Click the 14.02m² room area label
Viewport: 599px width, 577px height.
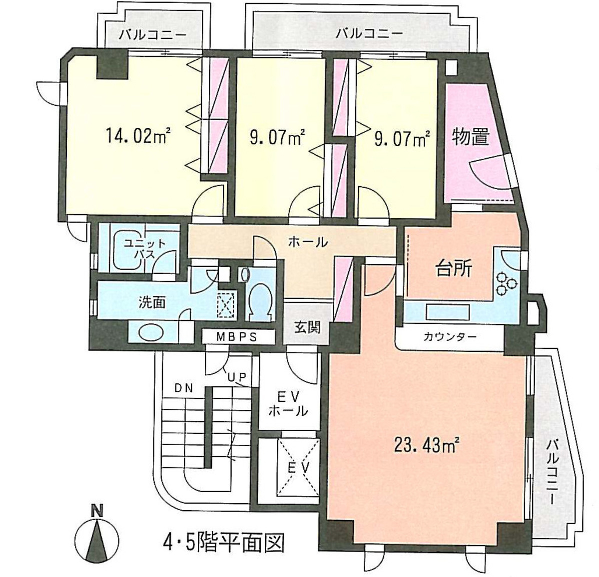point(138,136)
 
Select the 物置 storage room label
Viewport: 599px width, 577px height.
point(470,136)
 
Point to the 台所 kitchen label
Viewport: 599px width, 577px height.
point(452,270)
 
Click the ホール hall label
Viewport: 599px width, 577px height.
point(308,243)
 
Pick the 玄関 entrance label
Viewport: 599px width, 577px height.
point(307,328)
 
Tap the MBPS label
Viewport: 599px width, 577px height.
point(236,337)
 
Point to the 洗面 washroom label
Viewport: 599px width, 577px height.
point(152,302)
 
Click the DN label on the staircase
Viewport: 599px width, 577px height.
point(184,388)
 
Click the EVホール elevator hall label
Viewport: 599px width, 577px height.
point(288,403)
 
